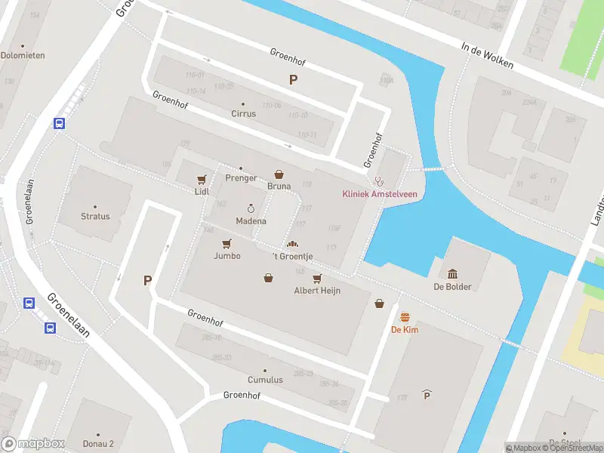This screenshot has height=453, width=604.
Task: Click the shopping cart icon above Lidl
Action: [x=202, y=179]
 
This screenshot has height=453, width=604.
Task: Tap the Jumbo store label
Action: [x=226, y=256]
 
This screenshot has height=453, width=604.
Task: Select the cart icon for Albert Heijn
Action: [x=316, y=279]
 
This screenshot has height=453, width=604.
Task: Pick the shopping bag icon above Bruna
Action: [x=279, y=174]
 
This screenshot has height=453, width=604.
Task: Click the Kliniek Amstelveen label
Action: [x=380, y=194]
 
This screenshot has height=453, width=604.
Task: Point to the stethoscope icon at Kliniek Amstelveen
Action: [x=380, y=181]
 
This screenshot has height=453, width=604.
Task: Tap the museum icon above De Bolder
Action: [x=452, y=273]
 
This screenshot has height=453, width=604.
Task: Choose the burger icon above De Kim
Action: [x=405, y=317]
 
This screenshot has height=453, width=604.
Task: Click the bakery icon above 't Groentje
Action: [x=292, y=244]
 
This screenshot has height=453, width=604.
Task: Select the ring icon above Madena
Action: [x=251, y=208]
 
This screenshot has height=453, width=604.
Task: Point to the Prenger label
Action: [x=241, y=178]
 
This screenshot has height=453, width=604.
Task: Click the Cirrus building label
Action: [x=243, y=114]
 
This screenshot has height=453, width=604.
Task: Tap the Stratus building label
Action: [x=95, y=217]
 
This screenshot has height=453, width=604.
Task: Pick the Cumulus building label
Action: [x=265, y=380]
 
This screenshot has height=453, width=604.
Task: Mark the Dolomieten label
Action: [x=23, y=55]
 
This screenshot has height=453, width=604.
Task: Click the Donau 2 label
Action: [x=98, y=444]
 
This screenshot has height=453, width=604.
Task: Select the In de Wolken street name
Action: [x=487, y=54]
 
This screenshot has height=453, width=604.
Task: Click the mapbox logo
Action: [x=33, y=444]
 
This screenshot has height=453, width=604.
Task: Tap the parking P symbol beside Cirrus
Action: [x=293, y=80]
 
